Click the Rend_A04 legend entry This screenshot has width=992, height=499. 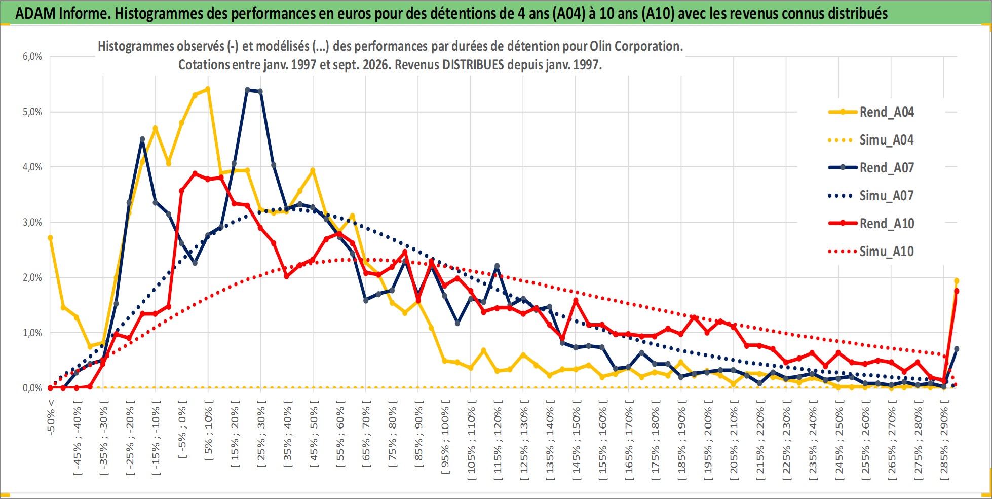tap(871, 112)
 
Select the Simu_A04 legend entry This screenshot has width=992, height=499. tap(871, 139)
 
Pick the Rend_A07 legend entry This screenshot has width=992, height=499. tap(871, 167)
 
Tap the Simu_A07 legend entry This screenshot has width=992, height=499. tap(871, 195)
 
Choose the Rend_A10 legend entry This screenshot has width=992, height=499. tap(871, 223)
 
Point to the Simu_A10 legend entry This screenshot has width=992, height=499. tap(871, 251)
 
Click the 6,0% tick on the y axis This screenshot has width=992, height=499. tap(32, 56)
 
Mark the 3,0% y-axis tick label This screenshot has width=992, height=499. tap(32, 222)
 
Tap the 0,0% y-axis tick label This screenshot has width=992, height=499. tap(32, 388)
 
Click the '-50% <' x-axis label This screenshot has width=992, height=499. tap(51, 417)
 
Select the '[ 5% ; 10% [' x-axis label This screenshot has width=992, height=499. tap(208, 431)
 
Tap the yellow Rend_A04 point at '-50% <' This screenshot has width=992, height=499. tap(50, 237)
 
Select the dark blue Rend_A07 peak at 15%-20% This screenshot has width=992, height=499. tap(247, 90)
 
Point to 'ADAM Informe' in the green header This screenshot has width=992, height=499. tap(62, 13)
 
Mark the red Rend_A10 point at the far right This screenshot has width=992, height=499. tap(957, 291)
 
